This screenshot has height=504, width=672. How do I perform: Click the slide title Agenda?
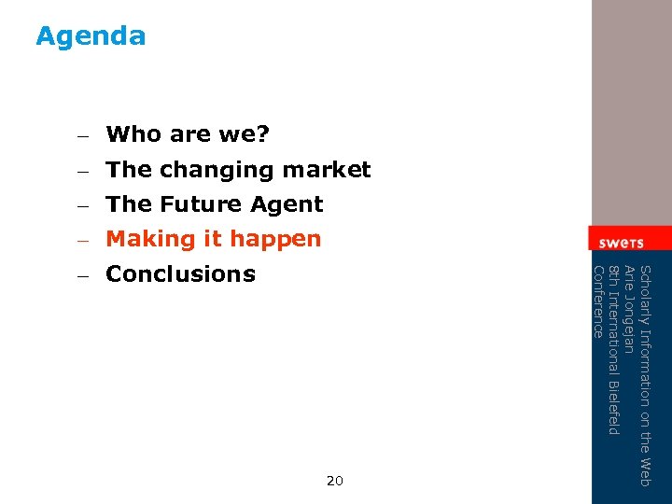(x=91, y=36)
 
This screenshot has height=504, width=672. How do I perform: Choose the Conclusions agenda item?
(x=180, y=274)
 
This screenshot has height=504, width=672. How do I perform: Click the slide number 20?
(x=335, y=481)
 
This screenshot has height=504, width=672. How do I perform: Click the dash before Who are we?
(x=82, y=135)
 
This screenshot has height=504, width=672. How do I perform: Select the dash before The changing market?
(x=82, y=171)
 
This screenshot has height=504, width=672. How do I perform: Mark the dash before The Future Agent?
(x=82, y=205)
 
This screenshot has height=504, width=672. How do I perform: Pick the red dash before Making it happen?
(x=82, y=240)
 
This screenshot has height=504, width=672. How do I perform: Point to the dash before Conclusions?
(x=82, y=275)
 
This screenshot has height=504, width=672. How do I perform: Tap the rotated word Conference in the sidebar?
(x=598, y=301)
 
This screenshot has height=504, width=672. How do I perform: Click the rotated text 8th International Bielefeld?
(x=613, y=350)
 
